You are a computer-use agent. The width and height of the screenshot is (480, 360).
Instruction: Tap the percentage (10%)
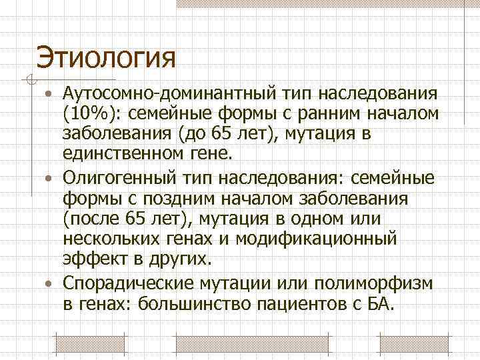click(88, 114)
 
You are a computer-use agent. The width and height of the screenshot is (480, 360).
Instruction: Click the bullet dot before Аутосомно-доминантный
click(51, 93)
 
